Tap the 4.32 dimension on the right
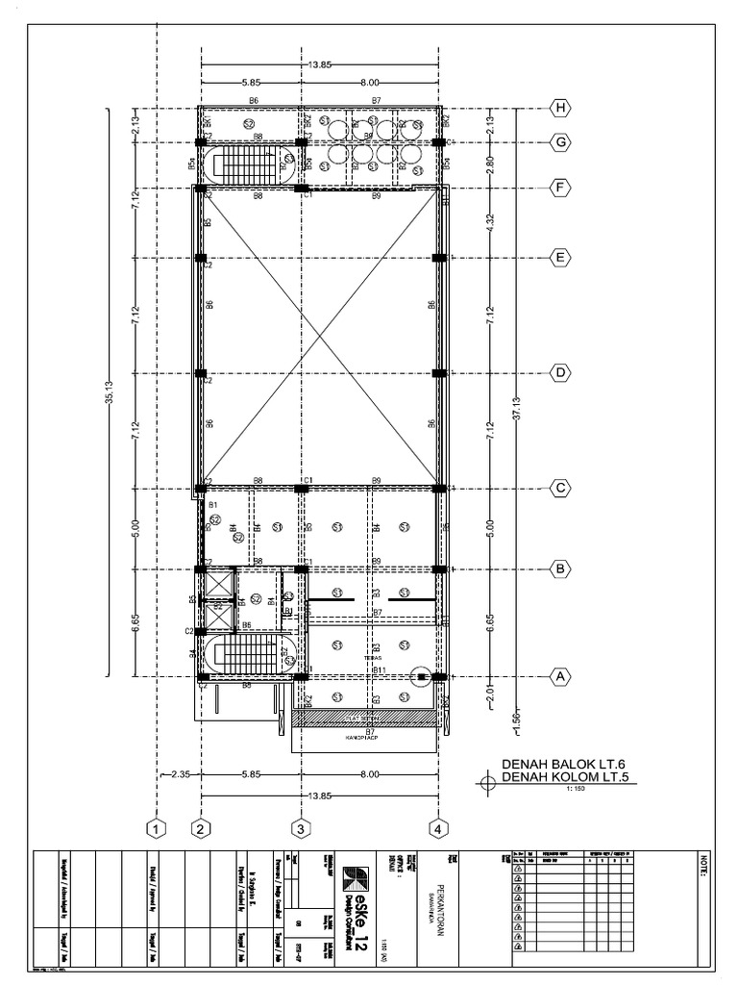[x=491, y=223]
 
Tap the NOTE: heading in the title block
[x=704, y=867]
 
